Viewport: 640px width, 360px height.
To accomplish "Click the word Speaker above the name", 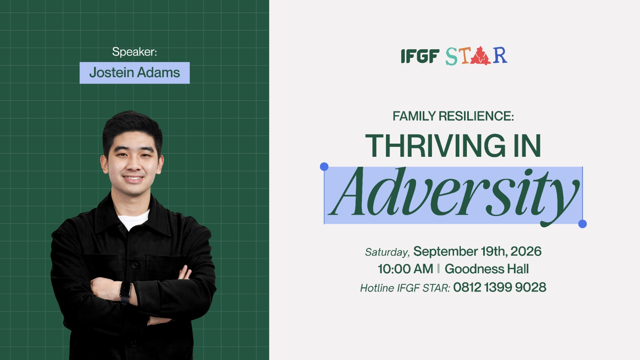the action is click(134, 52).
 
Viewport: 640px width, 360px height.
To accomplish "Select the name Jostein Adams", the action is click(134, 72).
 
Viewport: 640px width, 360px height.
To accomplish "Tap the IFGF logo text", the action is click(420, 56).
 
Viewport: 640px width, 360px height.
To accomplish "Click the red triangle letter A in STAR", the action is click(480, 56).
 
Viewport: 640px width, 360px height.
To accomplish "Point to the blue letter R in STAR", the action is click(500, 56).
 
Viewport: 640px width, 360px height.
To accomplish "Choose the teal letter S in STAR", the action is click(452, 56).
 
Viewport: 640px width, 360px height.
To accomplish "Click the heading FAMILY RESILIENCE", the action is click(453, 116).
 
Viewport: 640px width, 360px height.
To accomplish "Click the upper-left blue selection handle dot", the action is click(324, 166).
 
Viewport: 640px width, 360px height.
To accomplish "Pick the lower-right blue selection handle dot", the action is click(582, 224).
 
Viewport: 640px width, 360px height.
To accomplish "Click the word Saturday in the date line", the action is click(387, 252).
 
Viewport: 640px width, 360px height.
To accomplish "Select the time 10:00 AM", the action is click(405, 269).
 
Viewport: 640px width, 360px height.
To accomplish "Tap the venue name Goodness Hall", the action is click(486, 269).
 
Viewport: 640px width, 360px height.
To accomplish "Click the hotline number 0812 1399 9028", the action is click(500, 288).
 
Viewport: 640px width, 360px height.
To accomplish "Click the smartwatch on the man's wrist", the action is click(126, 292).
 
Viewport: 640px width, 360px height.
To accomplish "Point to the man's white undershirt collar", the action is click(134, 220).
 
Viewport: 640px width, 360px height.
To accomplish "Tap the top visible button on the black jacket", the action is click(134, 266).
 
